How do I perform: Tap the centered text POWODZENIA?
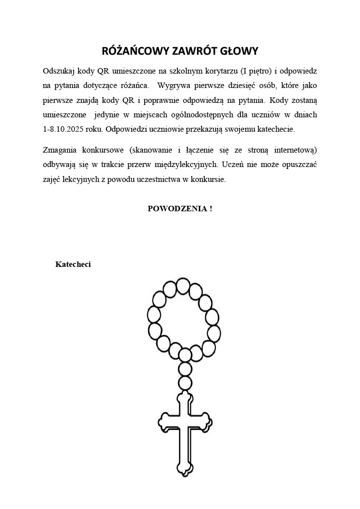click(x=177, y=208)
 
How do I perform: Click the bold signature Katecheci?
click(x=73, y=264)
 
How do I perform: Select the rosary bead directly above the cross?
click(x=185, y=383)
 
